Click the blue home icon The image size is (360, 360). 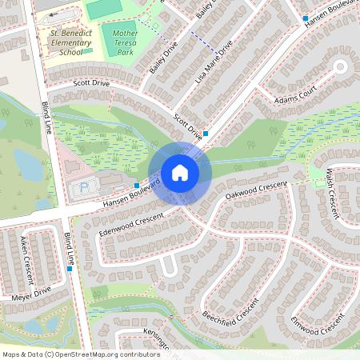180,172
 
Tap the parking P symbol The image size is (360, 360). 85,190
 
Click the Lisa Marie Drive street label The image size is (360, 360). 214,62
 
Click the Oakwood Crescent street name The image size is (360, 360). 255,190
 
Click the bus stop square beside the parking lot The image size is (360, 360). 137,186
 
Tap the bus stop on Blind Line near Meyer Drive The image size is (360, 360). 70,269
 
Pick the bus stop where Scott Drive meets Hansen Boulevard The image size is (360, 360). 206,134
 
